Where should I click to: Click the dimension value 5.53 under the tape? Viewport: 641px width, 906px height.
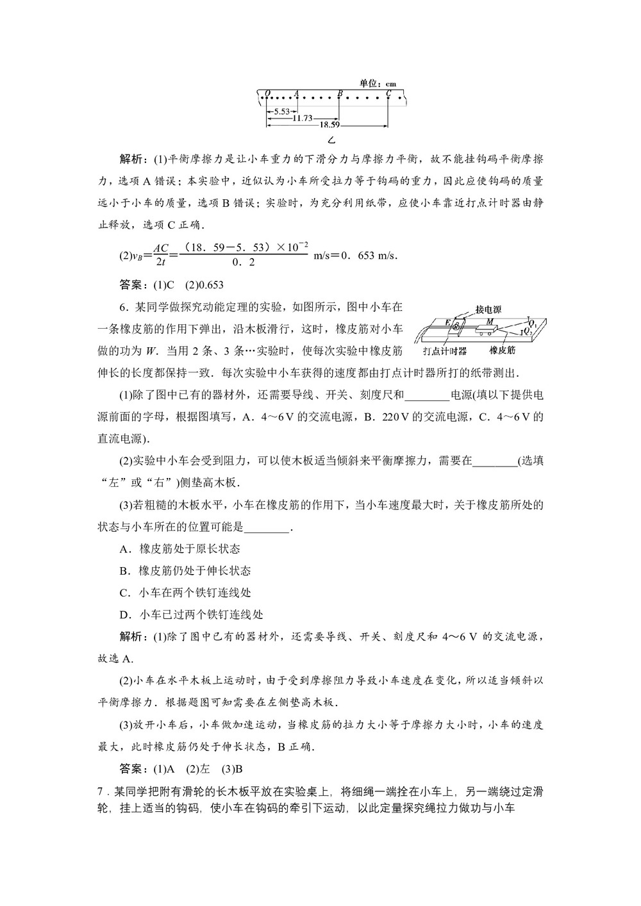pos(279,111)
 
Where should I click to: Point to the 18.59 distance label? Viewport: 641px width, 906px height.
pos(329,125)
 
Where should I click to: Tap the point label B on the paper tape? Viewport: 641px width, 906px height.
pos(340,92)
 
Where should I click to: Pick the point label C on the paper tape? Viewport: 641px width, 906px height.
pos(388,92)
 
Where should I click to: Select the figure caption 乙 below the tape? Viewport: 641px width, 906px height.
pos(331,140)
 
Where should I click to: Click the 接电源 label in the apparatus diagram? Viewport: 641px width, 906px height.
pos(488,309)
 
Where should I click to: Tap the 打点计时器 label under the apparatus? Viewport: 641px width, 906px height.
pos(444,351)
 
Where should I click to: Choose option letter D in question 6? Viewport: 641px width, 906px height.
pos(126,614)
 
